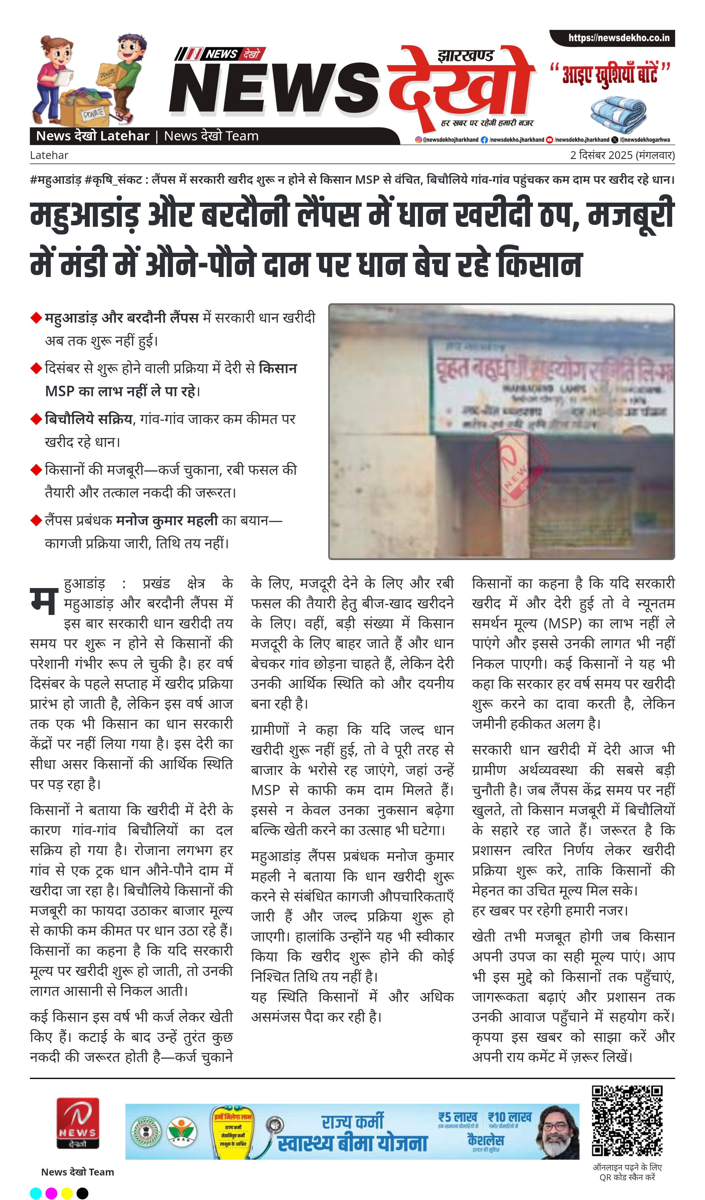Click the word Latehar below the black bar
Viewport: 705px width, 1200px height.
(49, 155)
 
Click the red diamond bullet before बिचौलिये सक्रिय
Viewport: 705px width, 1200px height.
(36, 419)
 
